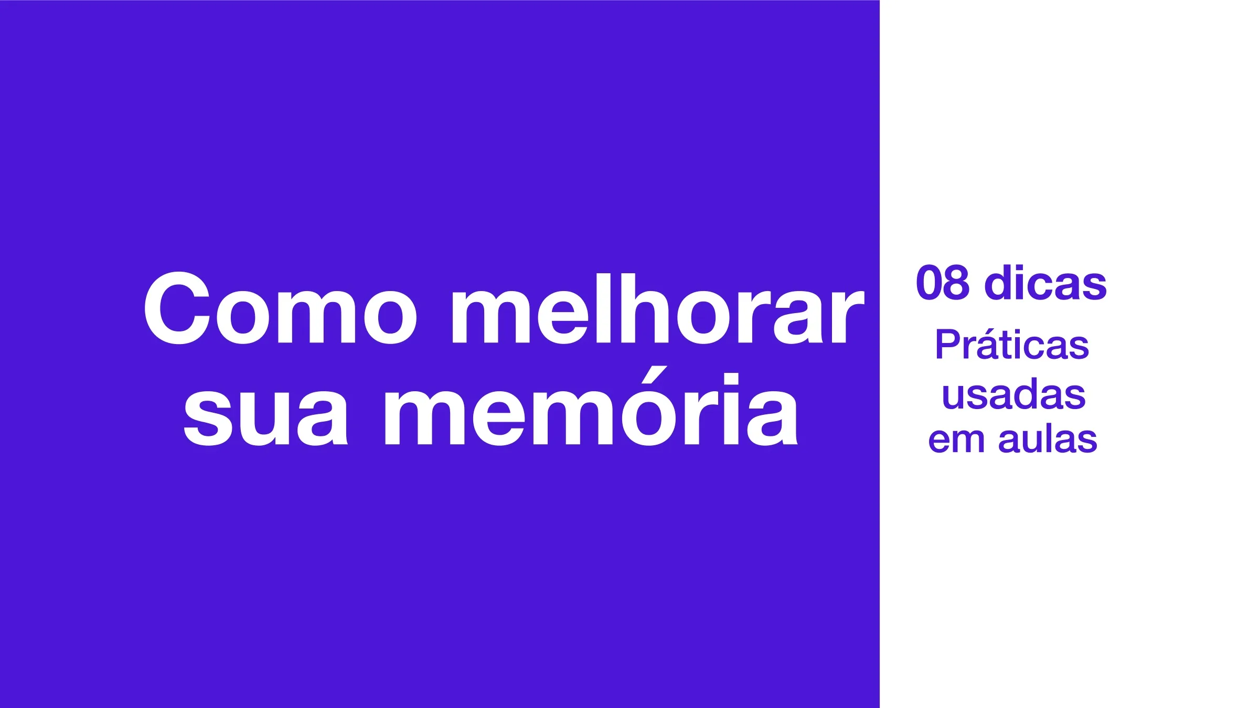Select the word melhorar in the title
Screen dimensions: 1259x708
(658, 309)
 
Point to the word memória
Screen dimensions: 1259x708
(591, 406)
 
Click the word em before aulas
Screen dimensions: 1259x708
(956, 441)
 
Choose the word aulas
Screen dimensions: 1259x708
(1048, 436)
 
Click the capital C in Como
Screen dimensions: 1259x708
(177, 309)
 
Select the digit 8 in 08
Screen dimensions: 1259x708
(956, 283)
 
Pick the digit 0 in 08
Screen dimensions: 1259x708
(929, 283)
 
